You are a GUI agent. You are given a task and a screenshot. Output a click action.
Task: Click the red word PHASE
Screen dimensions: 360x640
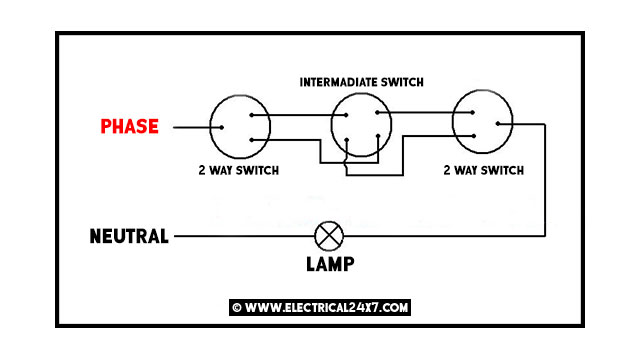click(x=129, y=127)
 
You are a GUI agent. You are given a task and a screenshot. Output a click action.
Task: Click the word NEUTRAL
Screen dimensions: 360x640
click(x=128, y=237)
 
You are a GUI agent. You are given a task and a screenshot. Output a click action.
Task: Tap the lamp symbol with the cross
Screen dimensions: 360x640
click(x=328, y=237)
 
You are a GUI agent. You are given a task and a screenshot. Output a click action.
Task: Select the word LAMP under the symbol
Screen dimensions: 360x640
click(x=328, y=265)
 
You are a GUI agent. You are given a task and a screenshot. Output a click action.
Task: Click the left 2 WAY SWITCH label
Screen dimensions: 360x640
click(x=238, y=170)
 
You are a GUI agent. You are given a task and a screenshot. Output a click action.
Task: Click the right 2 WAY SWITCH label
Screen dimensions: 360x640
click(x=483, y=170)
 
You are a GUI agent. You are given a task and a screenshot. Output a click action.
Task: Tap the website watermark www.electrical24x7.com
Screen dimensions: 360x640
click(x=320, y=307)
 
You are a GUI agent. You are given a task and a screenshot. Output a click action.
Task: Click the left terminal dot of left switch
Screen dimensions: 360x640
click(x=214, y=128)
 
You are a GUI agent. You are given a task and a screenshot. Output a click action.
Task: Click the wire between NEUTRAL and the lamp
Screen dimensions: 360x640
click(x=240, y=237)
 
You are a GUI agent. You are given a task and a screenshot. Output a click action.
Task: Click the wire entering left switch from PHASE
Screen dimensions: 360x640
click(x=192, y=128)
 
